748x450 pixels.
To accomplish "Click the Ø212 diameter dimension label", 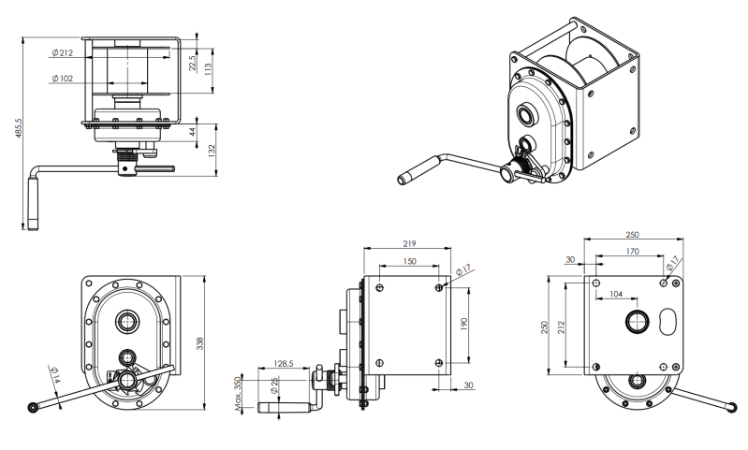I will (x=63, y=53).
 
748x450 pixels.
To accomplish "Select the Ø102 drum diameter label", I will (x=63, y=79).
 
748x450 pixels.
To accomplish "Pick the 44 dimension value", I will (x=193, y=133).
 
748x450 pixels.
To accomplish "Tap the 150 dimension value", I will (x=410, y=262).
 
